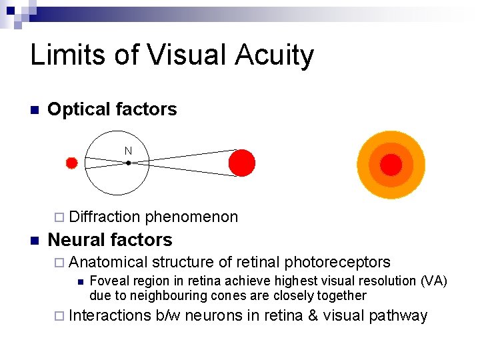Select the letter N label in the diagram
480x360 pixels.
tap(128, 151)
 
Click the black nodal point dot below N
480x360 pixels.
tap(128, 162)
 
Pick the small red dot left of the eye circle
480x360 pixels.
tap(72, 163)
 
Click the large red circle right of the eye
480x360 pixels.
tap(241, 163)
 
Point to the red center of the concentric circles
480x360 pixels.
tap(391, 165)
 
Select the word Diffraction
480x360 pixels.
tap(105, 217)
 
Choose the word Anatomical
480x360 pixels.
tap(108, 262)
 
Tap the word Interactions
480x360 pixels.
tap(109, 315)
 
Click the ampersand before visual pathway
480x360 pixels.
tap(312, 315)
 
